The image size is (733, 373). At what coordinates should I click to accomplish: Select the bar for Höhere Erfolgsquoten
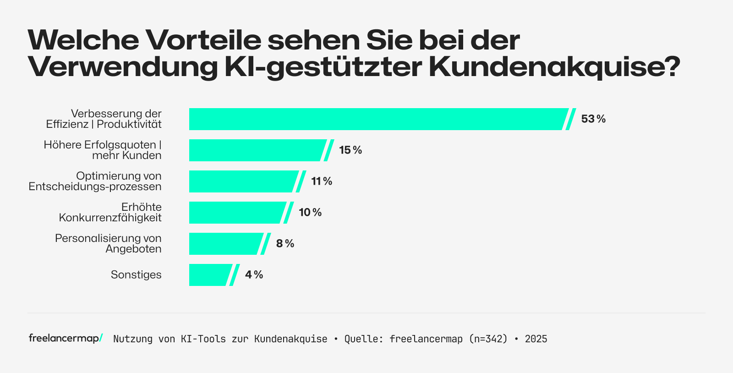257,150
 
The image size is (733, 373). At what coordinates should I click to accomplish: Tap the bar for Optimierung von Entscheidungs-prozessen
243,181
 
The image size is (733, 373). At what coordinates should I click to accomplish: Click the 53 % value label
593,119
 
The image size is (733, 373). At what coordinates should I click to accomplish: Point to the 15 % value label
350,150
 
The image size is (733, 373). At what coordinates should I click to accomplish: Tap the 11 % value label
322,181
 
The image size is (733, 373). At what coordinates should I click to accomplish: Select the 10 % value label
310,213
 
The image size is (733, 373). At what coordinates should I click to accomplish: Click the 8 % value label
285,244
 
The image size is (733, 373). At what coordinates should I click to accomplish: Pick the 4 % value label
254,275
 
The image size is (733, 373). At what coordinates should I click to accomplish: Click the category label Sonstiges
136,275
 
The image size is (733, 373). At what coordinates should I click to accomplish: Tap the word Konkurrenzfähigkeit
110,218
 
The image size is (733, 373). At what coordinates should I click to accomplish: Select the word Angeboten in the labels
133,249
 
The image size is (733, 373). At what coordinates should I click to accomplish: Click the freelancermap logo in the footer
66,338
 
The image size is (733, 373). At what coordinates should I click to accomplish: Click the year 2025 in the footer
536,339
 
